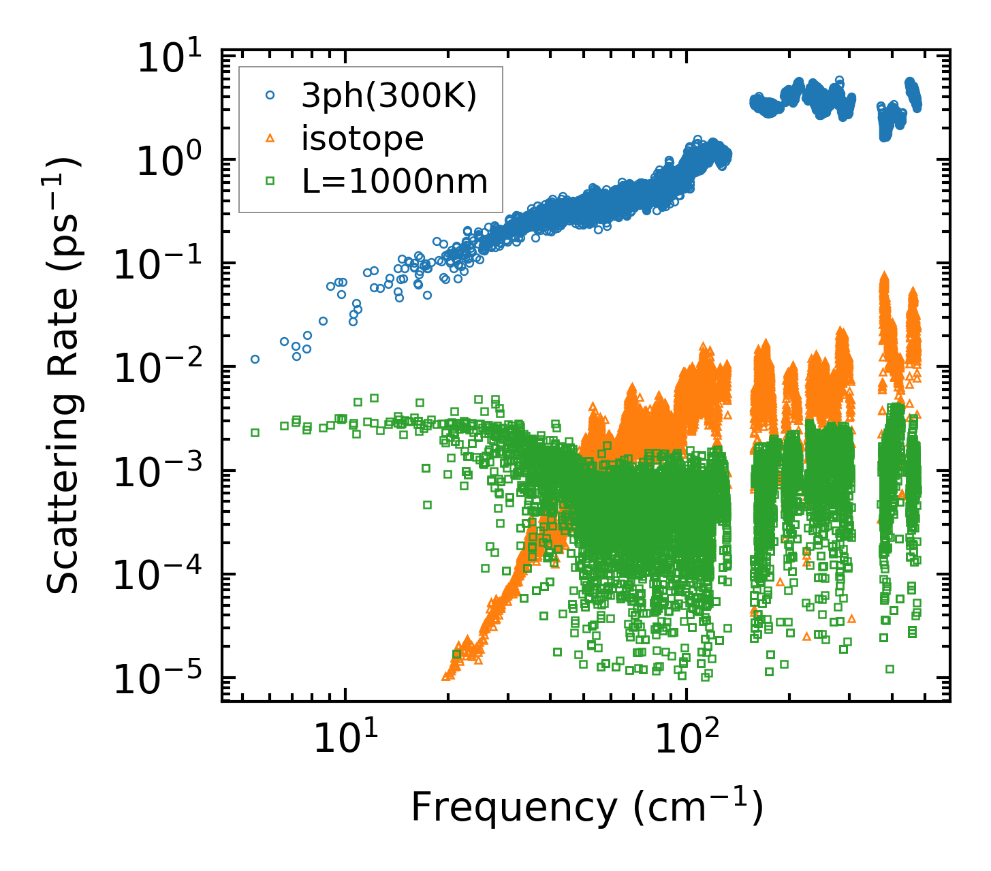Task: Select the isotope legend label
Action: click(x=362, y=139)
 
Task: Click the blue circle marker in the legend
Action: click(x=270, y=97)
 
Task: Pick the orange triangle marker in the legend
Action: click(x=270, y=139)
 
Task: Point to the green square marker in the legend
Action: click(x=270, y=181)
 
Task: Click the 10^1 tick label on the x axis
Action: click(x=345, y=738)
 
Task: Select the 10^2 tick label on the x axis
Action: click(x=687, y=738)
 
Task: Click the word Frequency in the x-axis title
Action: click(x=514, y=809)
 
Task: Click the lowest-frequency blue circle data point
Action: click(x=255, y=359)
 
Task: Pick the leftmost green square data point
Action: click(x=255, y=432)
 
